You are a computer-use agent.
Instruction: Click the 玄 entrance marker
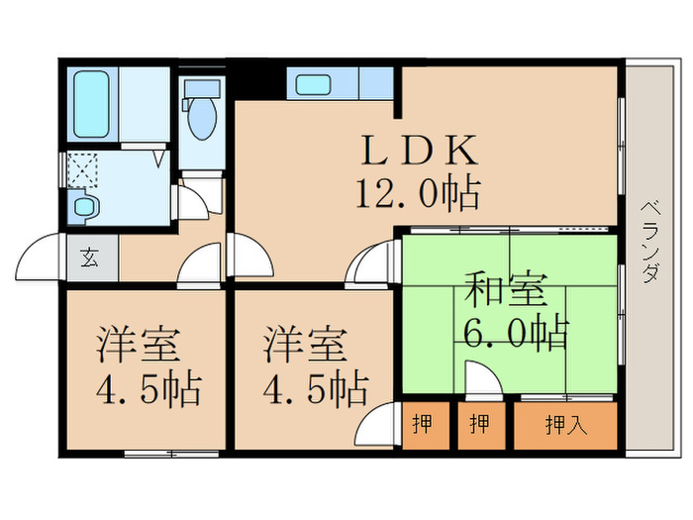[x=89, y=260]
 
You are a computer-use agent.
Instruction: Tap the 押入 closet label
[x=565, y=425]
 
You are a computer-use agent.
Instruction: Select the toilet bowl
[x=202, y=117]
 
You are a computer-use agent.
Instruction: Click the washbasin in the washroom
[x=85, y=207]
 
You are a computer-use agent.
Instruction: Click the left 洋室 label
[x=138, y=347]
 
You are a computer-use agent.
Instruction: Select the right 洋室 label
[x=305, y=347]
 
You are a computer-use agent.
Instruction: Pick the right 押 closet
[x=480, y=425]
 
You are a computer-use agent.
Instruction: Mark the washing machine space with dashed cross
[x=82, y=171]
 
